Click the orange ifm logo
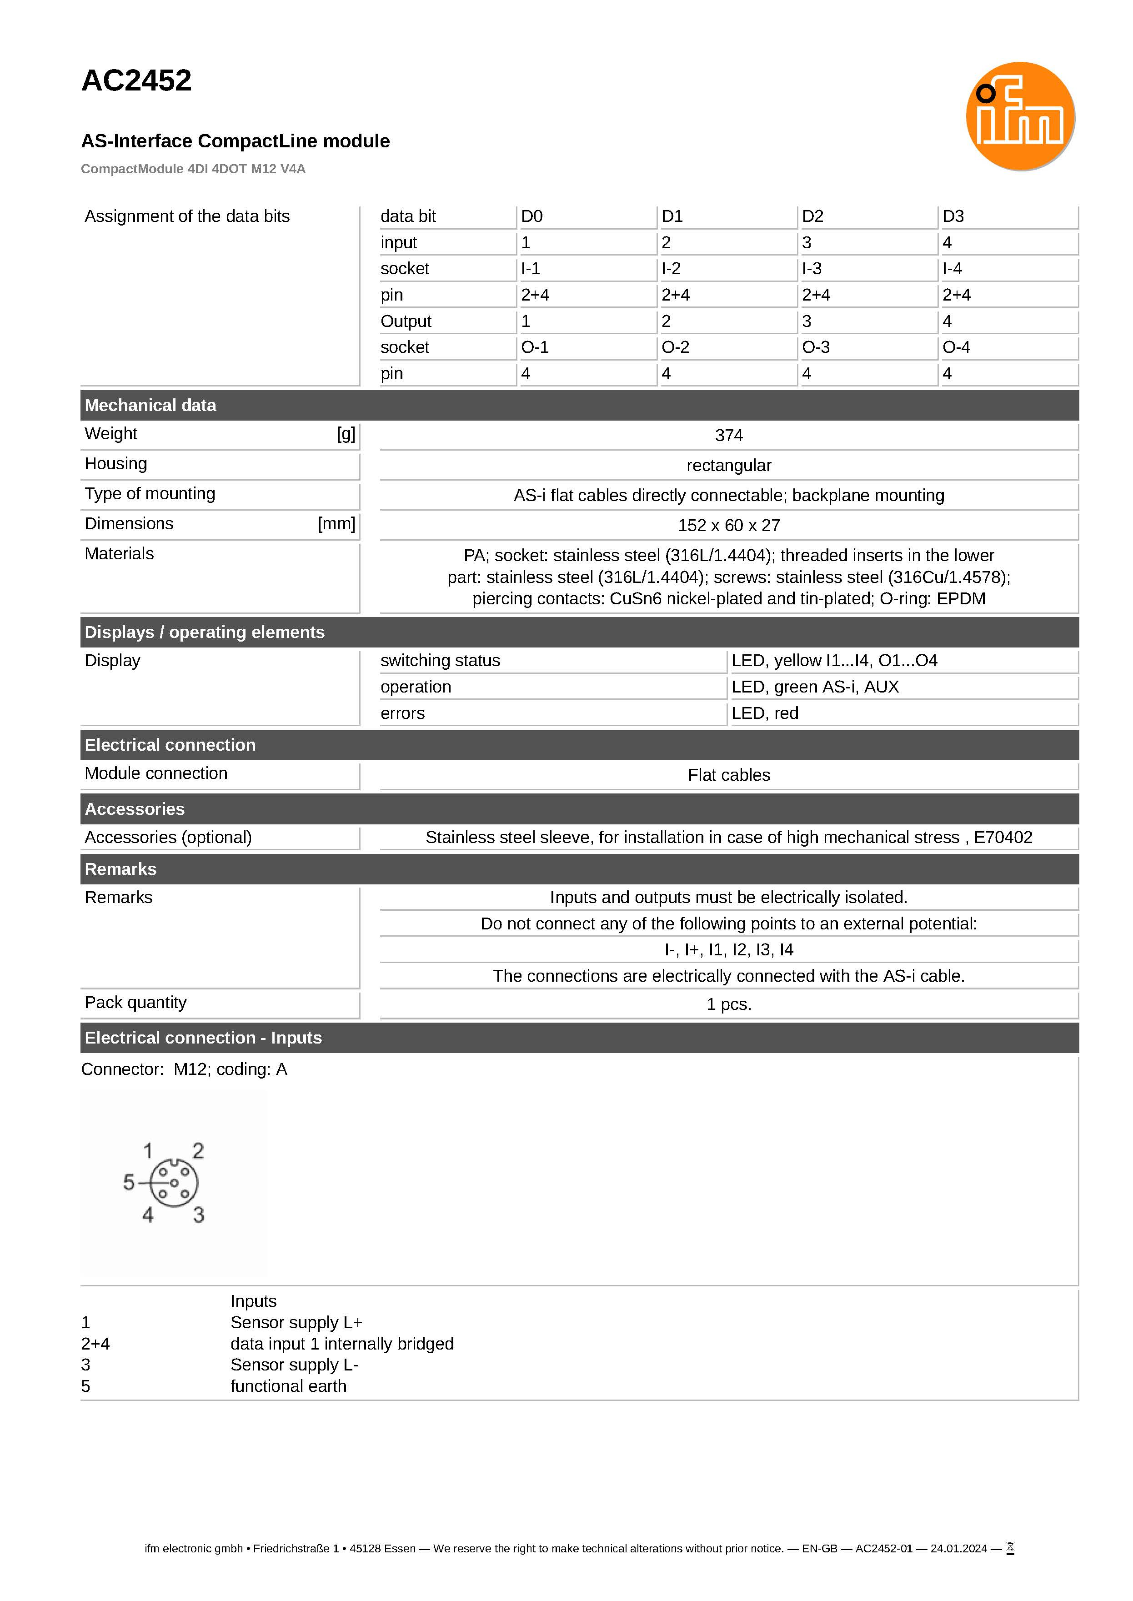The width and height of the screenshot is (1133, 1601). tap(1019, 116)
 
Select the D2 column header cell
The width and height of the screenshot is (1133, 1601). tap(813, 216)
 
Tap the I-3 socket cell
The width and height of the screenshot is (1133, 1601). tap(812, 269)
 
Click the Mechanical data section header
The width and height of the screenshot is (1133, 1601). tap(150, 405)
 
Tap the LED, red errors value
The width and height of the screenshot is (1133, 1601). tap(765, 713)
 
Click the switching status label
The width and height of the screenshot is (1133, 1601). tap(440, 661)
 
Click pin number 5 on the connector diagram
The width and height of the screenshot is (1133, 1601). tap(129, 1182)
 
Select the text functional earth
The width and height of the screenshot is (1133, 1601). tap(288, 1386)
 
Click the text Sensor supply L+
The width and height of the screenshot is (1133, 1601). tap(296, 1323)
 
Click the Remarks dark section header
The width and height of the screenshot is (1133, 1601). tap(120, 869)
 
